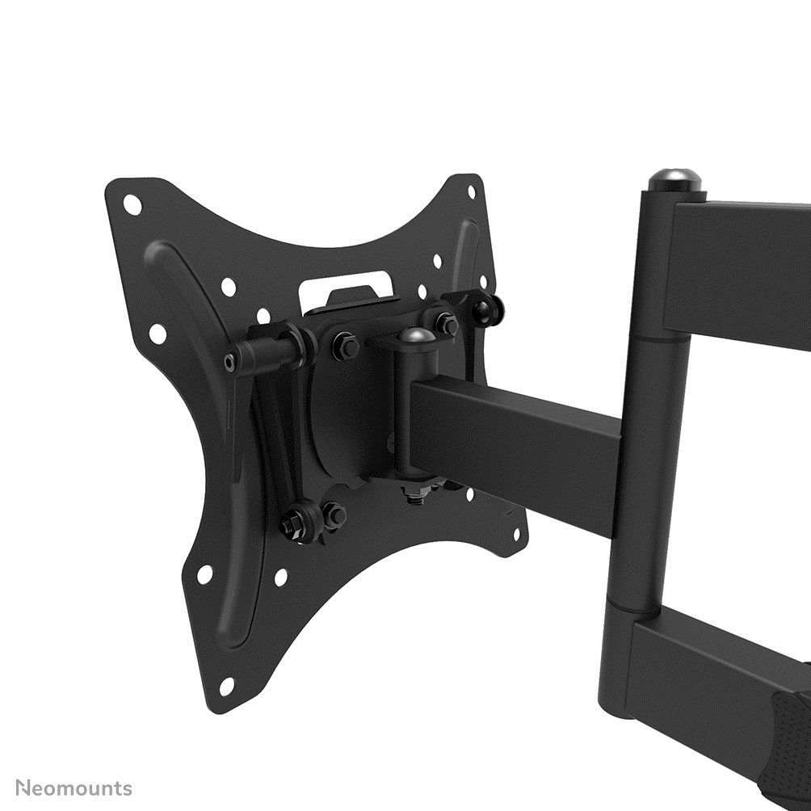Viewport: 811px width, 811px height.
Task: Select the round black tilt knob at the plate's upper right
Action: pos(489,308)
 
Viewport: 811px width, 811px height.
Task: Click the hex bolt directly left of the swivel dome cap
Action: pos(346,346)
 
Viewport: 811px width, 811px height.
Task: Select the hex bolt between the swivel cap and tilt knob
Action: pos(447,324)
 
